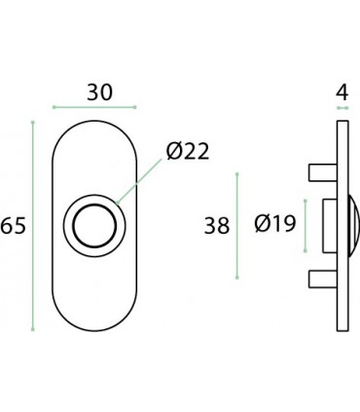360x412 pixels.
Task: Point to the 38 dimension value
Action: click(x=215, y=226)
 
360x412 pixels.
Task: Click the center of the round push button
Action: click(x=94, y=226)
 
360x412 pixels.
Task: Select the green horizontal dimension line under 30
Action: click(x=94, y=106)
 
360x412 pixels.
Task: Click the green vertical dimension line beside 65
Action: click(x=34, y=226)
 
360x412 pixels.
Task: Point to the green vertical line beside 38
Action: click(x=237, y=226)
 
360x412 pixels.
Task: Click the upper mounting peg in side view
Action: click(x=320, y=172)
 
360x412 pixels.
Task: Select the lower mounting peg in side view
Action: click(x=320, y=280)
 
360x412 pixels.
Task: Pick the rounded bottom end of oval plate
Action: click(x=94, y=326)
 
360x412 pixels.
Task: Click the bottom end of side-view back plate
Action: click(x=340, y=326)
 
